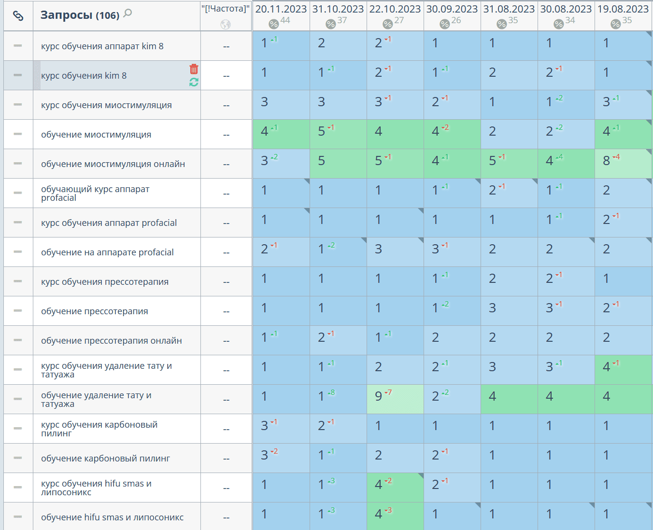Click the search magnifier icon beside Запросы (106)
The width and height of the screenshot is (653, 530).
point(128,14)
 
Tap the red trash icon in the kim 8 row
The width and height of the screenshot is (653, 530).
point(194,69)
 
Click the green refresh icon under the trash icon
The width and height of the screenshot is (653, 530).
point(194,83)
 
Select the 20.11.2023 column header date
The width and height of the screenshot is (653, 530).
point(281,9)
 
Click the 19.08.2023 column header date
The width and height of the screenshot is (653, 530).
point(623,9)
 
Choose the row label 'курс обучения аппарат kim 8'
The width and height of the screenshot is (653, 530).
point(102,46)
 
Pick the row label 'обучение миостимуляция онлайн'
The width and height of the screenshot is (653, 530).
point(113,164)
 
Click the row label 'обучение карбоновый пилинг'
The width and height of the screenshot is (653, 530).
point(105,459)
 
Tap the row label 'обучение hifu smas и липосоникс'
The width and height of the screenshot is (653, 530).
point(112,517)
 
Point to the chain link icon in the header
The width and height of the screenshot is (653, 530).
point(18,16)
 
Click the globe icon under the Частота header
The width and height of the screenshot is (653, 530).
point(226,25)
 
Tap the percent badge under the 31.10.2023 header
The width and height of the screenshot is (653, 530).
point(330,24)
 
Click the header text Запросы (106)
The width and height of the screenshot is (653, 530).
point(80,15)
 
